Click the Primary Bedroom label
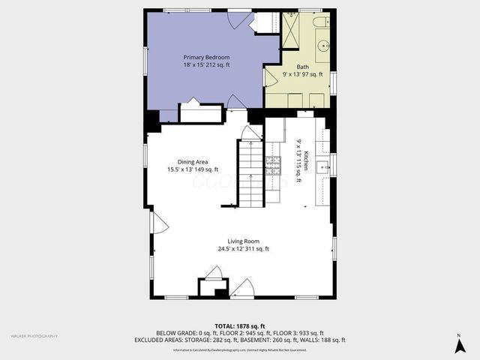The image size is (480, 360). [x=206, y=57]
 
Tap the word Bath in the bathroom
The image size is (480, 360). [x=302, y=67]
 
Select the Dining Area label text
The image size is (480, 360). [x=193, y=161]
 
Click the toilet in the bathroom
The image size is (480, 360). [x=322, y=22]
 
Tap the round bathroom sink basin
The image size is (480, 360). [x=322, y=46]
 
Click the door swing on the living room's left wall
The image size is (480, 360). [x=158, y=222]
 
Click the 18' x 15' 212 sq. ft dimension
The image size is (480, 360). [x=206, y=65]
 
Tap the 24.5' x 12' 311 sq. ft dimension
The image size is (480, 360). [x=244, y=249]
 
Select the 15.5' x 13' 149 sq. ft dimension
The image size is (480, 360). [x=193, y=169]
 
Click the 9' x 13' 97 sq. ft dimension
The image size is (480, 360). [x=302, y=74]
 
